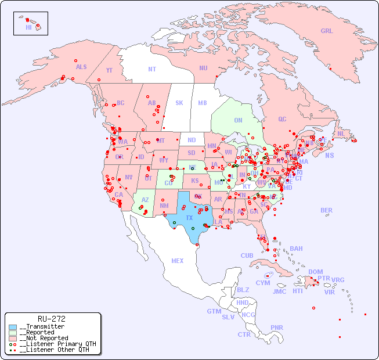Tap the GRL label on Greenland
coord(327,31)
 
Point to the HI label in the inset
coord(28,27)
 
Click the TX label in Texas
coord(189,218)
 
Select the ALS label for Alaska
coord(81,67)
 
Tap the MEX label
coord(178,261)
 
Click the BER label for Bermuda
coord(327,210)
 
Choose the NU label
coord(203,68)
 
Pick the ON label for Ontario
coord(238,121)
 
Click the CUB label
coord(247,255)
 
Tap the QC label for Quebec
coord(282,120)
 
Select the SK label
coord(179,103)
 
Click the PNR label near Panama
coord(277,327)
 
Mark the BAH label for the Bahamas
coord(296,249)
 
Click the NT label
coord(152,69)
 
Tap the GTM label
coord(214,311)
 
